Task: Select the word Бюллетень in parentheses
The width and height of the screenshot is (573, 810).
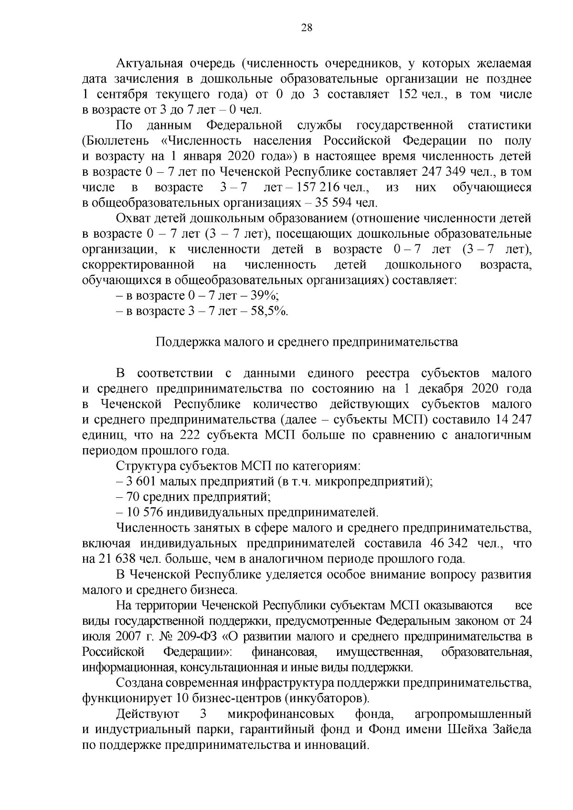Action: point(113,141)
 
